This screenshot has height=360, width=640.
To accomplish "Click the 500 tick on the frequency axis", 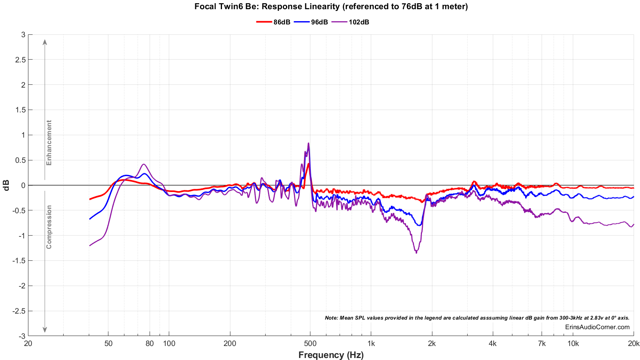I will (x=310, y=343).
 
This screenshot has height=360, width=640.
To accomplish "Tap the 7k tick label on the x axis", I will (x=542, y=343).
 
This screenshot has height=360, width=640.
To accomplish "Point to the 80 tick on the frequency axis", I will (x=150, y=343).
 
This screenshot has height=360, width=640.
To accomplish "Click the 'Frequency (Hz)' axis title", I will (x=331, y=355).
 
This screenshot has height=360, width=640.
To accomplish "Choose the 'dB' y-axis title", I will (x=6, y=185).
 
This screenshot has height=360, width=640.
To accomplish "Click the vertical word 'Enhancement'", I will (x=49, y=143).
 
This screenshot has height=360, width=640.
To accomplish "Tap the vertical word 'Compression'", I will (x=49, y=227).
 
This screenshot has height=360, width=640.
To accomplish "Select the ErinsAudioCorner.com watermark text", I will (x=597, y=327).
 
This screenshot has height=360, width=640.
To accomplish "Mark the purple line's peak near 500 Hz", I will (x=308, y=143).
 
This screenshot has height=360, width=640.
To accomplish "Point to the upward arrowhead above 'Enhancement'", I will (x=45, y=42).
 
